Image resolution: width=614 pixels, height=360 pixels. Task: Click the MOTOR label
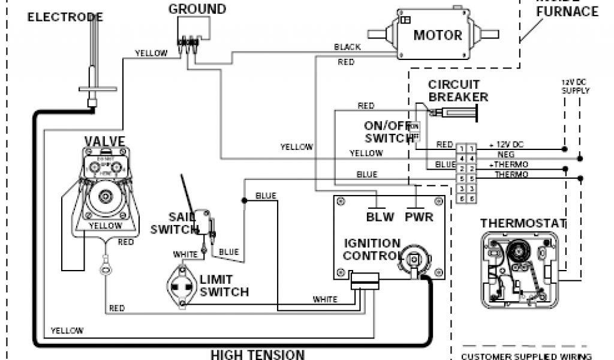coord(438,35)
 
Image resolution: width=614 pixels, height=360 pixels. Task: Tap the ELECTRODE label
coord(65,17)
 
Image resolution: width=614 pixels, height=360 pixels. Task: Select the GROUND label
coord(197,9)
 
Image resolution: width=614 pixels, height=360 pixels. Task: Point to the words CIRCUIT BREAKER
coord(458,91)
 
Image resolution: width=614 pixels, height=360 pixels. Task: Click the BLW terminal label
coord(380,217)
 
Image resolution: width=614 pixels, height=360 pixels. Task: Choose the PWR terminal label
coord(419,217)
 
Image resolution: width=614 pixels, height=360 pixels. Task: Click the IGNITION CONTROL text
coord(372,250)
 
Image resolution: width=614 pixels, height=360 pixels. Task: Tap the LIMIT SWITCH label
coord(224,286)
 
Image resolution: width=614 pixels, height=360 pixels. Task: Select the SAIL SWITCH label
coord(174,223)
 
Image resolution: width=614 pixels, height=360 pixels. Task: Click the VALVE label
coord(104,142)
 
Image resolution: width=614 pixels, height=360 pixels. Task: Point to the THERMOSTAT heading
coord(523,224)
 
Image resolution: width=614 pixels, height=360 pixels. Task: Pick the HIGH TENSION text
coord(257,354)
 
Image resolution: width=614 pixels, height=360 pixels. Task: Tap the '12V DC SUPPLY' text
coord(575,86)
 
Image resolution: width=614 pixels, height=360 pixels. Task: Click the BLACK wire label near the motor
coord(348,47)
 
